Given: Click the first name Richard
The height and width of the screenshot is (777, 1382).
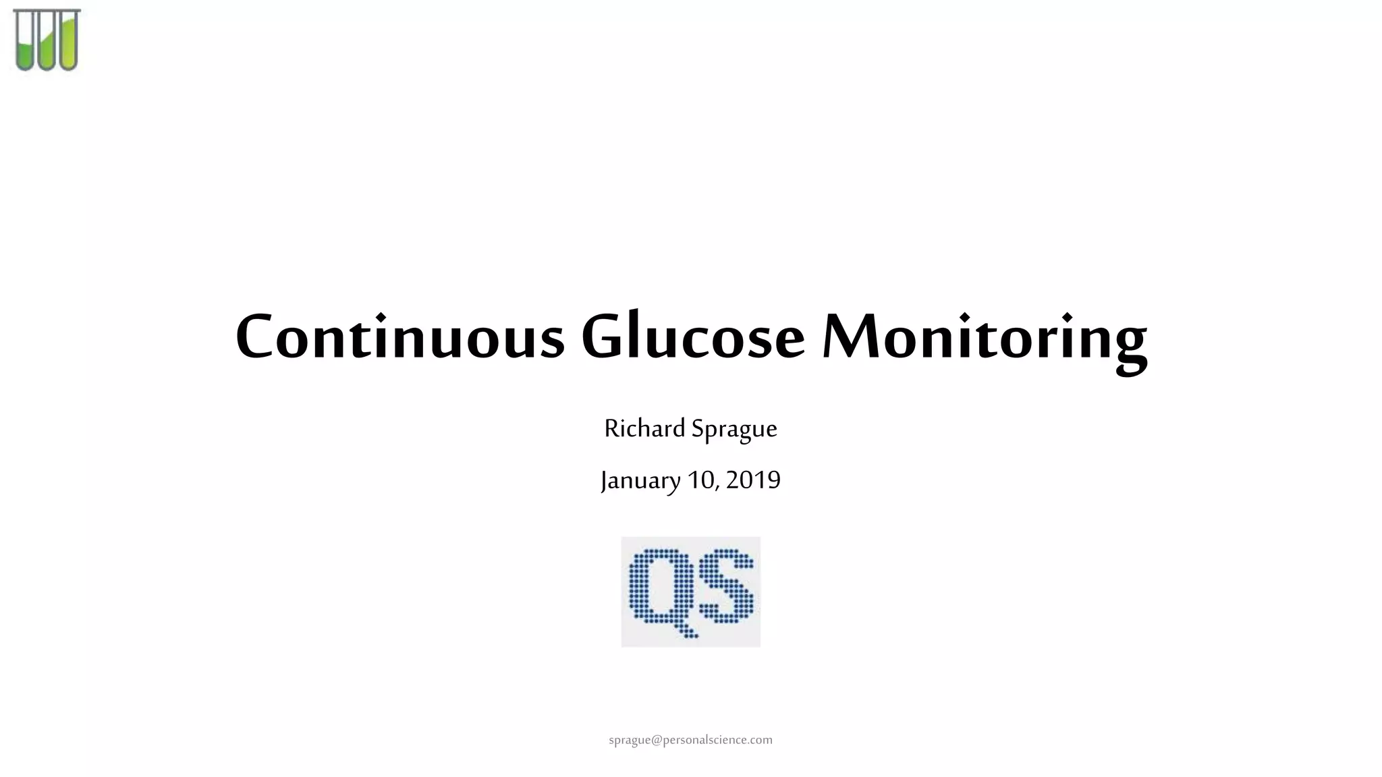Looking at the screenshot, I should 644,428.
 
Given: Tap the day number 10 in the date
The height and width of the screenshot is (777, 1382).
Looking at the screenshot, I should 702,480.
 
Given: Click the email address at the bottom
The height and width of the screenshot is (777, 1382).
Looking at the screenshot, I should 690,740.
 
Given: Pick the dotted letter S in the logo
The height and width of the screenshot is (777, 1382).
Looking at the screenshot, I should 726,585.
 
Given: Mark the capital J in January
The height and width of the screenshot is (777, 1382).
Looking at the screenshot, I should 605,482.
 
